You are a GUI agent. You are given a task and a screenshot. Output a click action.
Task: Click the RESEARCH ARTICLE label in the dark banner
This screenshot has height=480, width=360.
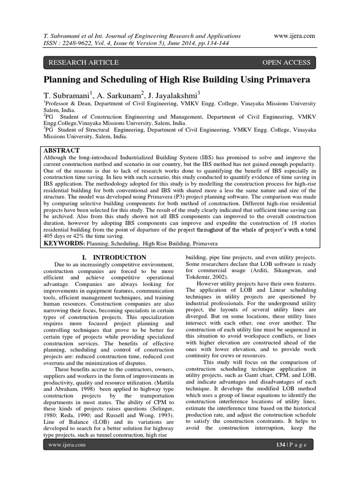click(x=83, y=62)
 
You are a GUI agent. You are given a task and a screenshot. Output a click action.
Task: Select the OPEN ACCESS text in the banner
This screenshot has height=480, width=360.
click(x=286, y=62)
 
